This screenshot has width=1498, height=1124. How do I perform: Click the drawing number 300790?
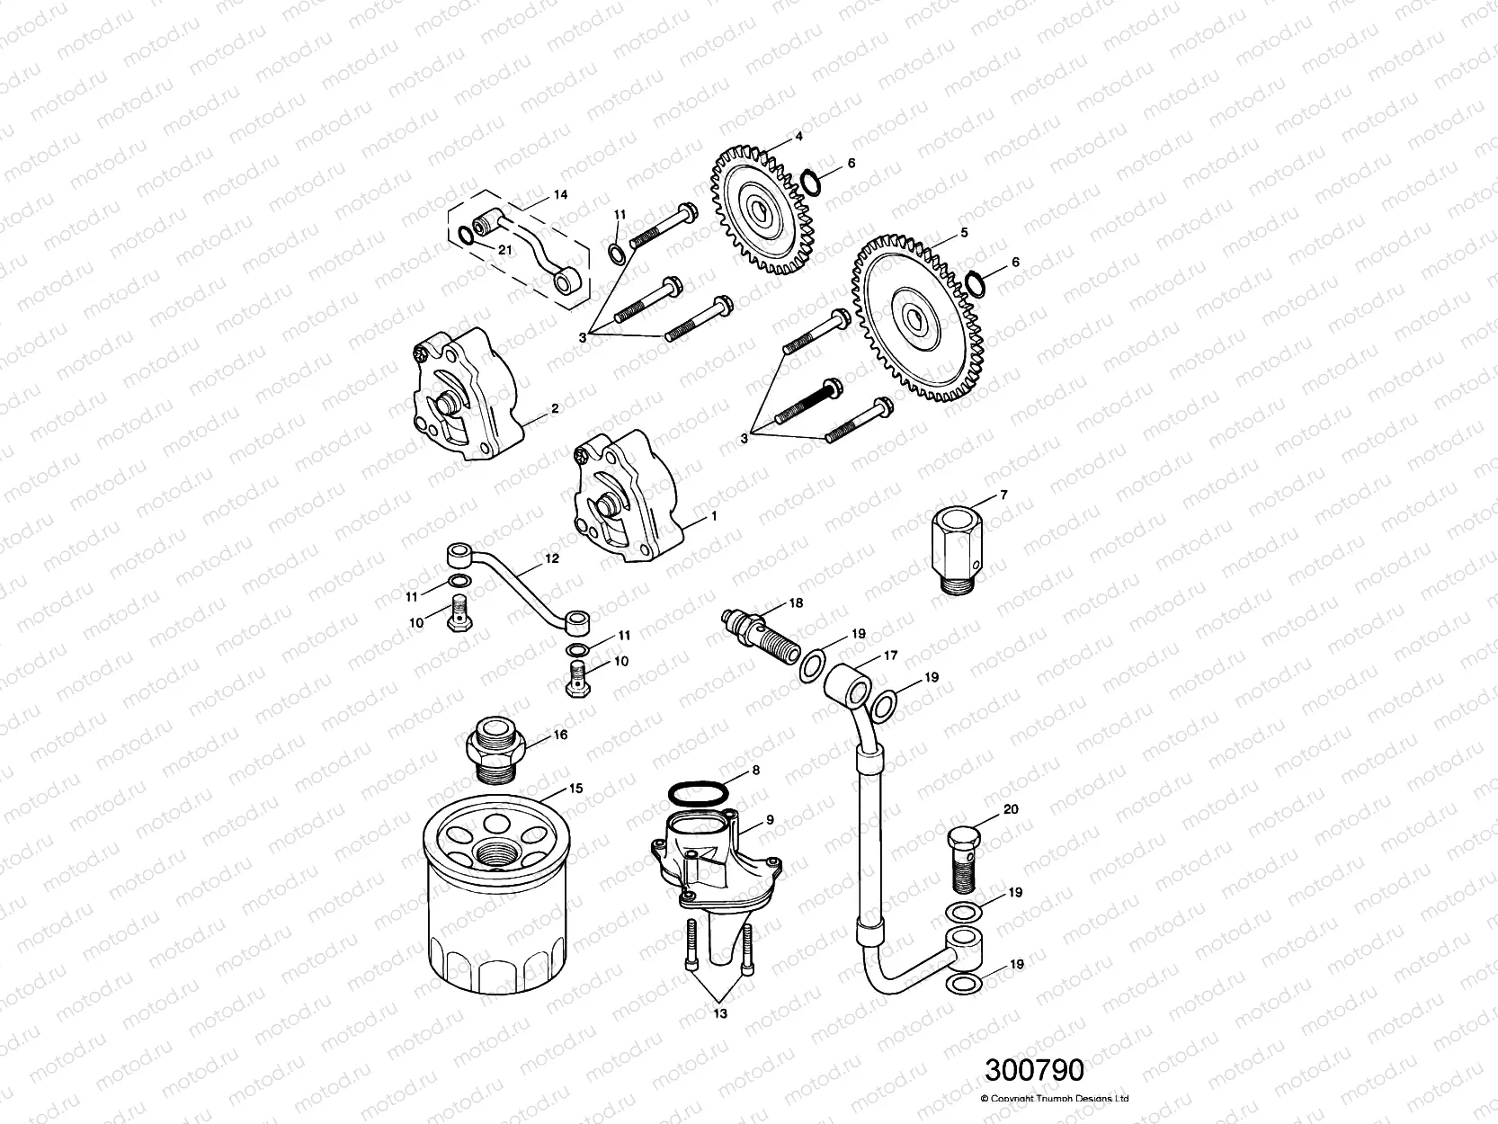point(1034,1070)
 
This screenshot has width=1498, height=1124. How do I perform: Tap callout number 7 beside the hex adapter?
point(1003,495)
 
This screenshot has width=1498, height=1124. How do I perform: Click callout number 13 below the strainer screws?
point(720,1012)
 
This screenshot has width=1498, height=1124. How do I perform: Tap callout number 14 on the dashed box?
point(560,193)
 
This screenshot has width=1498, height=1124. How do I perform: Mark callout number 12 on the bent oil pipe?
point(551,558)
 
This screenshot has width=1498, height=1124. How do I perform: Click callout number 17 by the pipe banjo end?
point(890,656)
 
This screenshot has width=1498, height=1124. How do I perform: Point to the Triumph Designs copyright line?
point(1054,1098)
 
